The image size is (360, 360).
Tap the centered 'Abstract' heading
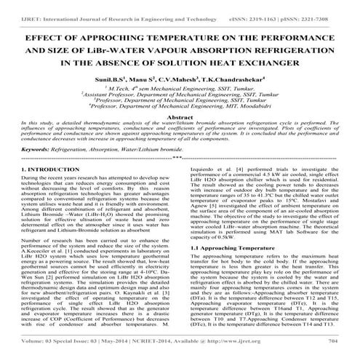click(x=179, y=116)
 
